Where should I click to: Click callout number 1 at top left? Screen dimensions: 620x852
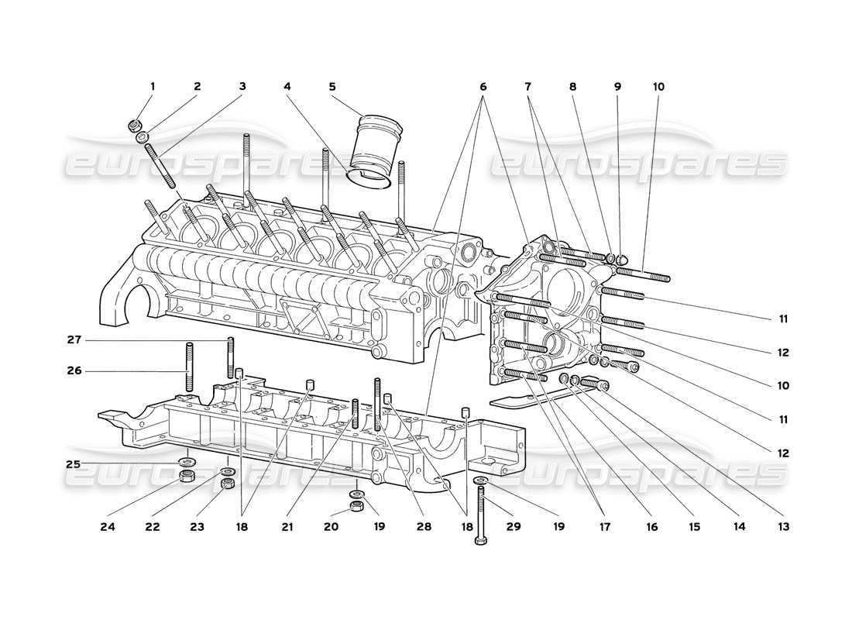pos(153,87)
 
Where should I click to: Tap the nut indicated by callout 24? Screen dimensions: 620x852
pos(186,476)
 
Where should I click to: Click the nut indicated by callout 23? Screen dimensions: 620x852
pos(228,484)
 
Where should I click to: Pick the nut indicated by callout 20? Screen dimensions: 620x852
pos(357,506)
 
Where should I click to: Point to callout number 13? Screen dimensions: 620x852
pos(785,527)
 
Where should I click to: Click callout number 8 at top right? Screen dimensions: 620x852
pos(572,87)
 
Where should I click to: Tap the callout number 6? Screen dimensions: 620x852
pos(483,87)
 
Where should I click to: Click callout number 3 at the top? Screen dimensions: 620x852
pos(242,87)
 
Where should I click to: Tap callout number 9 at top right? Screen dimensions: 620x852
pos(617,87)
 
